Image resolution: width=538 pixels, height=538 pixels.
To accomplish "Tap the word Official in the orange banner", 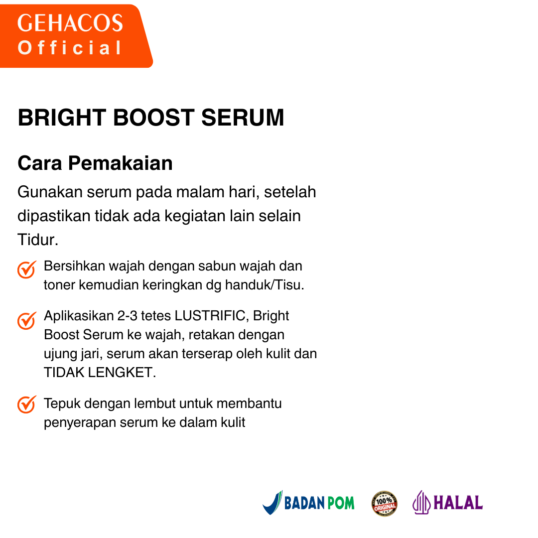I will pos(70,48).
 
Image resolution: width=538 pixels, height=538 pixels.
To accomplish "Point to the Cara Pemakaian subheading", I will pos(95,163).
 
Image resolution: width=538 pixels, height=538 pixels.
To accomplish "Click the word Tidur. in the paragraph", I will pos(38,240).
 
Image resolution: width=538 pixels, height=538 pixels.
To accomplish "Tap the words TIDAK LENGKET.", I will pos(100,373).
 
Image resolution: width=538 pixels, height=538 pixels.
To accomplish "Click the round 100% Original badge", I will pos(385,503).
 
